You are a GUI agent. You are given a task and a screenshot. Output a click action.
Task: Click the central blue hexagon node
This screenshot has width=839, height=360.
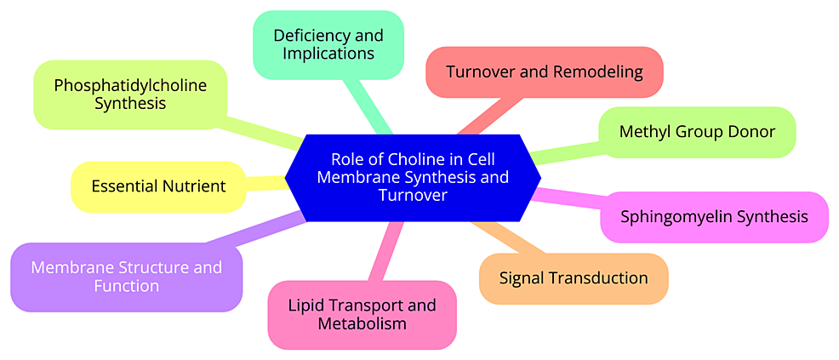(413, 177)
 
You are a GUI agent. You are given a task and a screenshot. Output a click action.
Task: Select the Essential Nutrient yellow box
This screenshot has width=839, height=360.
(158, 186)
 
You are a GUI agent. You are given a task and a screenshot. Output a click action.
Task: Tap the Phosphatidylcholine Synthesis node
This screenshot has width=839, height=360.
(130, 94)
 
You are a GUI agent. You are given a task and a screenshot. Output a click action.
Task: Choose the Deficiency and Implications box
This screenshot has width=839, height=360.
(328, 44)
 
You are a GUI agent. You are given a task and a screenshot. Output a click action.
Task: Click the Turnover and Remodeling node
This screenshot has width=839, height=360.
(544, 71)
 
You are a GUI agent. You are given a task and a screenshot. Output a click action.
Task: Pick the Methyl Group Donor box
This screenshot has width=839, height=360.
(696, 132)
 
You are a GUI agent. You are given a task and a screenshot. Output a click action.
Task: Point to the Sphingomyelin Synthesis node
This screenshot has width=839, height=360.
(714, 216)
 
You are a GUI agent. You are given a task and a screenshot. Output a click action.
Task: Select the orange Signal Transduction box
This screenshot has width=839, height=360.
(573, 278)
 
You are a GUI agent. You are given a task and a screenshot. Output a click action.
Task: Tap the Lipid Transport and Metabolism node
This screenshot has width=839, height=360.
(362, 314)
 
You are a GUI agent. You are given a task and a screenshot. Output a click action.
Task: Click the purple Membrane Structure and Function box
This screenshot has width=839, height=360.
(126, 277)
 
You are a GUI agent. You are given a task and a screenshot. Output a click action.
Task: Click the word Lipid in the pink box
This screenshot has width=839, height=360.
(305, 305)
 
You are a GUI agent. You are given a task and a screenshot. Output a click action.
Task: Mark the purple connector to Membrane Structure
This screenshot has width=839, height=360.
(255, 230)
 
